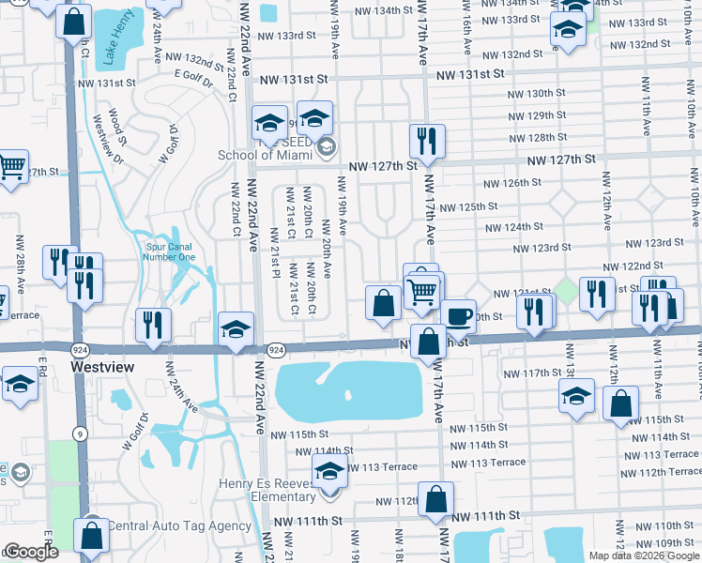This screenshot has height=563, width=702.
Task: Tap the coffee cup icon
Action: (457, 316)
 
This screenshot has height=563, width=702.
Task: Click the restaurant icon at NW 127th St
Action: (427, 141)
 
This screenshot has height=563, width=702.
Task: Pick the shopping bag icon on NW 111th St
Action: (436, 498)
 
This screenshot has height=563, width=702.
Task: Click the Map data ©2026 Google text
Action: (643, 555)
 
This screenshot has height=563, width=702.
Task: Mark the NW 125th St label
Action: (466, 206)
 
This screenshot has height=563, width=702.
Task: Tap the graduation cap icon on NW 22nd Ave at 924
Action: (237, 329)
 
